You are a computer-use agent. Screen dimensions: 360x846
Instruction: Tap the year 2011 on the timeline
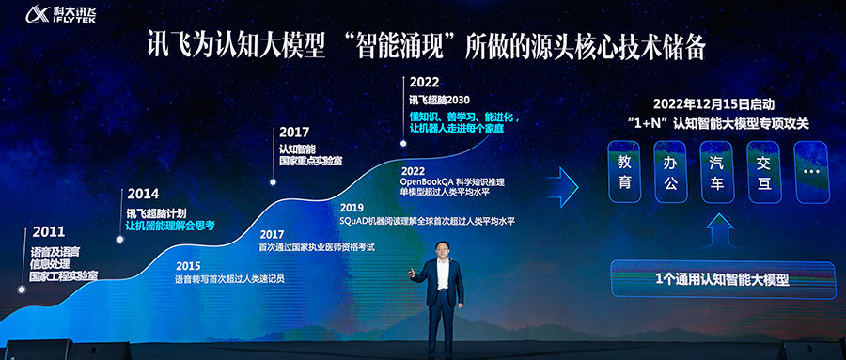49,231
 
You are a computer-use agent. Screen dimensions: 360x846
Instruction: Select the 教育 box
625,172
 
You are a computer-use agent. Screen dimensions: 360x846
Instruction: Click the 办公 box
671,172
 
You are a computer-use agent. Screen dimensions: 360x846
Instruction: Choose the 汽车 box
717,172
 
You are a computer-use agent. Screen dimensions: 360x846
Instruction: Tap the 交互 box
764,172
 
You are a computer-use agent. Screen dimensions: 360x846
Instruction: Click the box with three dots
811,172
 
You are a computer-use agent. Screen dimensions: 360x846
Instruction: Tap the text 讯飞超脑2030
438,100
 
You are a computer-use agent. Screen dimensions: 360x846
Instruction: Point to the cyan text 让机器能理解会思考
170,225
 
